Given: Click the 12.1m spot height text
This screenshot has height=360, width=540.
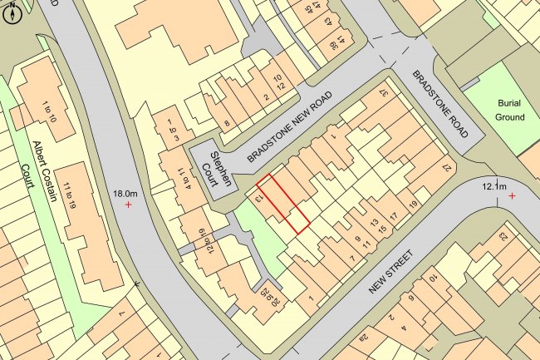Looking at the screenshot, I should (x=493, y=186).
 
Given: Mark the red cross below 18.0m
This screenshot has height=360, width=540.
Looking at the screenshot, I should (x=128, y=204).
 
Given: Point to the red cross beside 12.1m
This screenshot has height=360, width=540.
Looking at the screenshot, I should (x=512, y=195).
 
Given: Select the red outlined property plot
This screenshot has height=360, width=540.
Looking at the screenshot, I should (x=283, y=203).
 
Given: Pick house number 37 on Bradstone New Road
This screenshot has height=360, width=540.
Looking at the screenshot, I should (x=384, y=94).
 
